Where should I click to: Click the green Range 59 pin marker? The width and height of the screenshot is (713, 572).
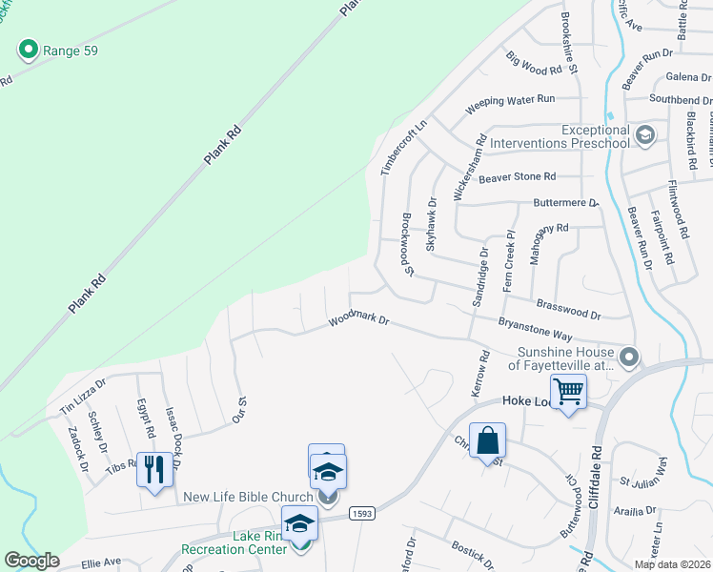point(28,49)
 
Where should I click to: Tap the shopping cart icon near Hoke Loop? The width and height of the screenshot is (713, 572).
point(568,390)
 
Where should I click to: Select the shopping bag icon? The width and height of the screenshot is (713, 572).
point(486,440)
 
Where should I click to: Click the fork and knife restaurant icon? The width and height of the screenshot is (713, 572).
point(154,469)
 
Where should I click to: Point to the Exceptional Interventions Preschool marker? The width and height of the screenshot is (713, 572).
point(644,134)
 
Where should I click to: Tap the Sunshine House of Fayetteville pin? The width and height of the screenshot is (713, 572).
point(628,357)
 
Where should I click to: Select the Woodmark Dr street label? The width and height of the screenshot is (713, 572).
point(359,321)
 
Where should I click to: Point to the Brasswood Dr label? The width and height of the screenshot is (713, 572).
point(569,307)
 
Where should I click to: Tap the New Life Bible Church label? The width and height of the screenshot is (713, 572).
point(248,497)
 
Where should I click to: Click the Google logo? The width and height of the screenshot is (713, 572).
point(31,561)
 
